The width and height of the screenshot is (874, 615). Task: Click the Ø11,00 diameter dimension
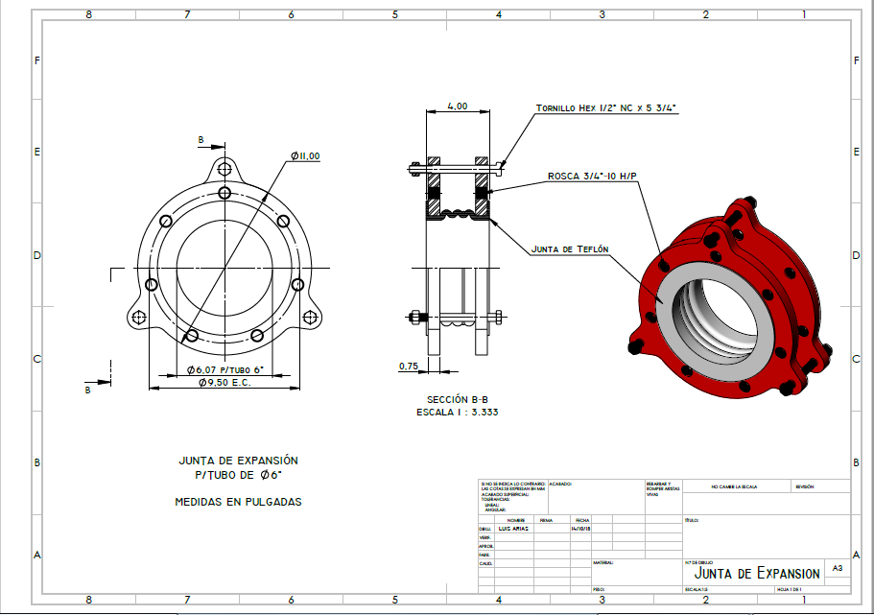(x=306, y=156)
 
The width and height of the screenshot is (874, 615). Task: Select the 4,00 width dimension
(x=458, y=106)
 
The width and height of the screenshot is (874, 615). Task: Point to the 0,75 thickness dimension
(x=409, y=366)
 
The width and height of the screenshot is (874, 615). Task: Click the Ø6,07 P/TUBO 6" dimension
(x=225, y=369)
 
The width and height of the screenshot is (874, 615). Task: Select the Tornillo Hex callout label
(x=606, y=108)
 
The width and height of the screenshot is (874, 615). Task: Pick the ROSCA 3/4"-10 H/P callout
(x=592, y=176)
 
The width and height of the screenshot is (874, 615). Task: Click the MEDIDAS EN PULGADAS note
(x=238, y=502)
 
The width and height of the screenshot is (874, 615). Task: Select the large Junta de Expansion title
(x=757, y=573)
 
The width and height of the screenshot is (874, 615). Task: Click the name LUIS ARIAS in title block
(x=514, y=529)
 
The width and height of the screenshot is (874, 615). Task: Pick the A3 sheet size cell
(x=837, y=568)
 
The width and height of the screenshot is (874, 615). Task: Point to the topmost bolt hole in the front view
(x=224, y=169)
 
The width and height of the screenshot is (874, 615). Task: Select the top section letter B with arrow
(x=201, y=140)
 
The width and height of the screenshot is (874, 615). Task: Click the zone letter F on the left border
(x=36, y=60)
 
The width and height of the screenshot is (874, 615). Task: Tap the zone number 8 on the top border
(x=88, y=14)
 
